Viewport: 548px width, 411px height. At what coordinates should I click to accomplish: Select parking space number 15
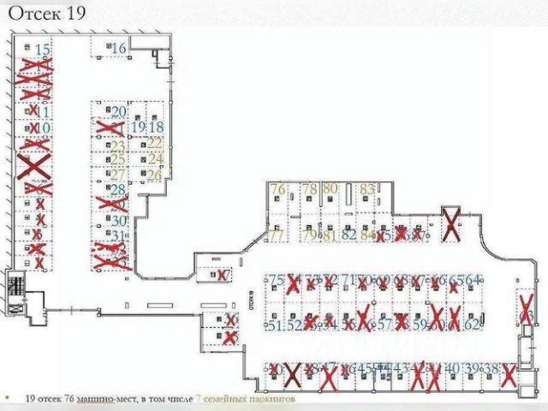point(42,50)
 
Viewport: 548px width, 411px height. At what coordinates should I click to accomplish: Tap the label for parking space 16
point(119,48)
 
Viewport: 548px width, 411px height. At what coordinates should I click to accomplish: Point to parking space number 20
point(119,112)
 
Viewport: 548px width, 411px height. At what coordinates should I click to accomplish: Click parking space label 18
point(156,128)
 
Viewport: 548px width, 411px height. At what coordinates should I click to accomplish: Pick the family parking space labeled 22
point(155,143)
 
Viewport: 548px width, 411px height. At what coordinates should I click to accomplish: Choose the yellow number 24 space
point(155,158)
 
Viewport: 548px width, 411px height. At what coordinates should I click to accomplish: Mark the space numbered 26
point(154,175)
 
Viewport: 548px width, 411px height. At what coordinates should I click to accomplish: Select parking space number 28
point(118,190)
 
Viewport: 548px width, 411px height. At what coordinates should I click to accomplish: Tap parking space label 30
point(119,220)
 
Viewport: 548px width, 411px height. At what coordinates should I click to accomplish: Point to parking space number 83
point(367,188)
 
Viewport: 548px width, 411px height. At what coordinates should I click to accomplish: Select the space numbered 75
point(276,280)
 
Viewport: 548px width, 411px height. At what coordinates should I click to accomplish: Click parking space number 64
point(474,280)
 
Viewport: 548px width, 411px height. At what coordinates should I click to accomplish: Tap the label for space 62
point(474,325)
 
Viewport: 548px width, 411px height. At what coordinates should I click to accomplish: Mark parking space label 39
point(472,369)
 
